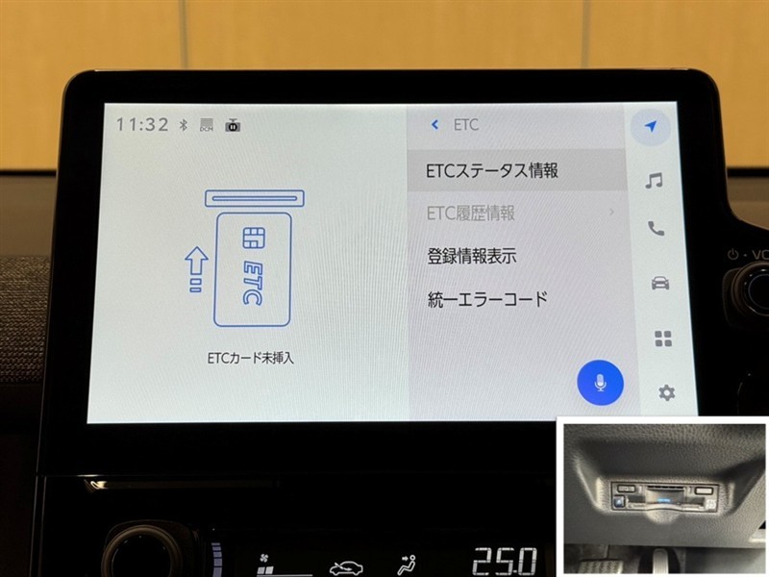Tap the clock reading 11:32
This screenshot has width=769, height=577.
tap(142, 125)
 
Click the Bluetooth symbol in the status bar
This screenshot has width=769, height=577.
tap(184, 125)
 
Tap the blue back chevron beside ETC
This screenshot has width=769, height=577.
tap(434, 125)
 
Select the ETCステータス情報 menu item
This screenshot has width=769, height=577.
tap(492, 170)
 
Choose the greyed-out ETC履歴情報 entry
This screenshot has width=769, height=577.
tap(470, 213)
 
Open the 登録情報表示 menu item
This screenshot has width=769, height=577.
tap(471, 256)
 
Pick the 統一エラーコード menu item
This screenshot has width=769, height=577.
tap(487, 299)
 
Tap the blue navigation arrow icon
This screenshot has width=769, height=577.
tap(651, 126)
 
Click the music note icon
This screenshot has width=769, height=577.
tap(655, 181)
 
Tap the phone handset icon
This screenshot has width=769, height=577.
tap(656, 228)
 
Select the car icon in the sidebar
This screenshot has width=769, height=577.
tap(660, 283)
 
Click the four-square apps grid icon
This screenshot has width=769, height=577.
tap(663, 339)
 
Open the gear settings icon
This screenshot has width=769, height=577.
tap(666, 392)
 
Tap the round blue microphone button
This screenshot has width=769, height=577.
tap(600, 383)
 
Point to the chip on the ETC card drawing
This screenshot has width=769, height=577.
tap(254, 238)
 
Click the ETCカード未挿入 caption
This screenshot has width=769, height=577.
tap(250, 358)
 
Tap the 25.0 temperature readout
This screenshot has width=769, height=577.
tap(505, 561)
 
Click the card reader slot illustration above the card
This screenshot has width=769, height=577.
tap(255, 198)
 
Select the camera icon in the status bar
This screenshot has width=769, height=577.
tap(233, 125)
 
